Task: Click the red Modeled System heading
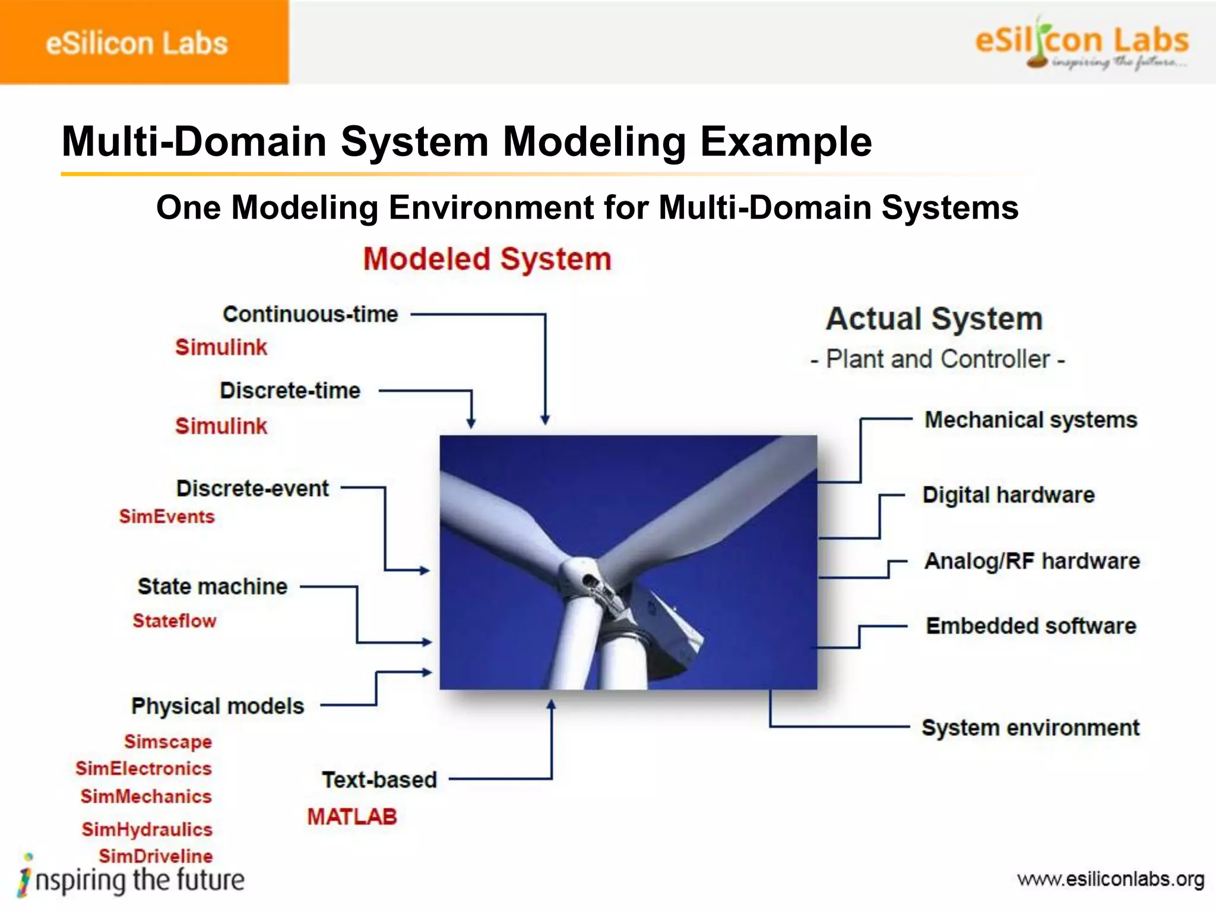[x=487, y=259]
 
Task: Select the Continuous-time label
[x=310, y=314]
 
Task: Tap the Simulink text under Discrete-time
[x=221, y=426]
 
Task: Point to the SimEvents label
[x=167, y=517]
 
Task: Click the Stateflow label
[x=175, y=621]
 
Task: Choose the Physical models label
[x=217, y=706]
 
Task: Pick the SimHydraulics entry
[x=147, y=829]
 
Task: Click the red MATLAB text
[x=351, y=817]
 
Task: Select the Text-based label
[x=379, y=780]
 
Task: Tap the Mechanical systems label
[x=1031, y=420]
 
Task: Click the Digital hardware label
[x=1008, y=495]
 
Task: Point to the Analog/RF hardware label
[x=1032, y=561]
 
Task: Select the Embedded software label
[x=1031, y=626]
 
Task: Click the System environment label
[x=1030, y=727]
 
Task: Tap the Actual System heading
[x=934, y=319]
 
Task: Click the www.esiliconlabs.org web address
[x=1110, y=879]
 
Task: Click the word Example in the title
[x=786, y=142]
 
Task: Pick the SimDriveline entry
[x=156, y=856]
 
